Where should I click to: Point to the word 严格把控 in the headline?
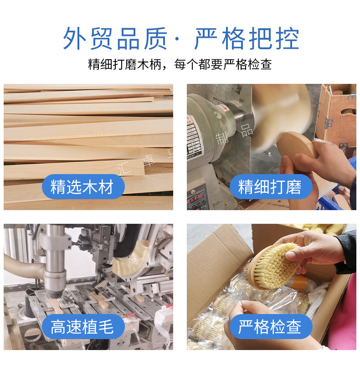point(247,39)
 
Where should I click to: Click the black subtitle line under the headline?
point(180,64)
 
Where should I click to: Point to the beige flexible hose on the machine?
point(23,264)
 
